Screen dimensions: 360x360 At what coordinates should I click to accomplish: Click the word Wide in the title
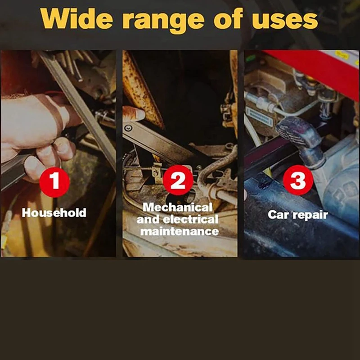coord(76,18)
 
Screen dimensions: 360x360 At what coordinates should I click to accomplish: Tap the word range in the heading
coord(163,21)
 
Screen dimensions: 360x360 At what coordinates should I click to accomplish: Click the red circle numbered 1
coord(54,182)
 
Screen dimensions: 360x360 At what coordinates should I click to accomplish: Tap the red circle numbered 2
coord(178,180)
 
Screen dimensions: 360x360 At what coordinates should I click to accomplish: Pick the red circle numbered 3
coord(298,180)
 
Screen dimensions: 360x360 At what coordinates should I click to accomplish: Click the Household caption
coord(54,212)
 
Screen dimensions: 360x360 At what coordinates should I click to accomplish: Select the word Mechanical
coord(177,207)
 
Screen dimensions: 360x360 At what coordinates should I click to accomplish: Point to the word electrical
coord(190,219)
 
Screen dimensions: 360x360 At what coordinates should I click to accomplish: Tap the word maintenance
coord(180,231)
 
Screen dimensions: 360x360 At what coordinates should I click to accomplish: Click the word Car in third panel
coord(278,215)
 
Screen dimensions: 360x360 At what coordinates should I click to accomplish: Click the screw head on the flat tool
coord(128,128)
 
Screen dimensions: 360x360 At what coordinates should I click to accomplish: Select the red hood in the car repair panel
coord(321,69)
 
